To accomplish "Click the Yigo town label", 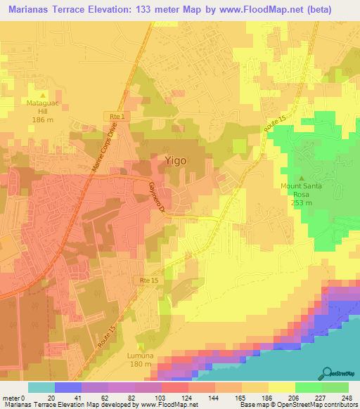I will [x=176, y=160].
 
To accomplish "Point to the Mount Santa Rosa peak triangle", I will [x=302, y=177].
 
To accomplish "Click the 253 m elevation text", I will [x=302, y=202].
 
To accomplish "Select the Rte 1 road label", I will [x=117, y=116].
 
